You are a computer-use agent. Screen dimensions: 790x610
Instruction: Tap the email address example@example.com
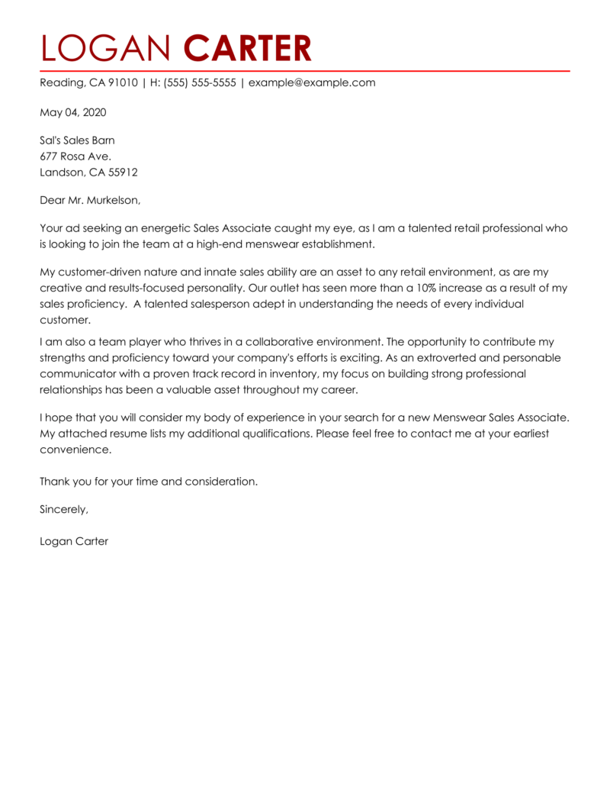coord(312,82)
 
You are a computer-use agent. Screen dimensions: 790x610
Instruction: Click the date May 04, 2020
coord(73,112)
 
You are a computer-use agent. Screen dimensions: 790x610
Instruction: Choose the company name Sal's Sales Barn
coord(77,141)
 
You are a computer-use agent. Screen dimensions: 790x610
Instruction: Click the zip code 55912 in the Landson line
coord(123,173)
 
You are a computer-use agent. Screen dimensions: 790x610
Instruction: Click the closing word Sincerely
coord(64,510)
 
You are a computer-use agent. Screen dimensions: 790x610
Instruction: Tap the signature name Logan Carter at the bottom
coord(74,541)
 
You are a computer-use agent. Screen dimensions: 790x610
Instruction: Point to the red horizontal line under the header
coord(305,71)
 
